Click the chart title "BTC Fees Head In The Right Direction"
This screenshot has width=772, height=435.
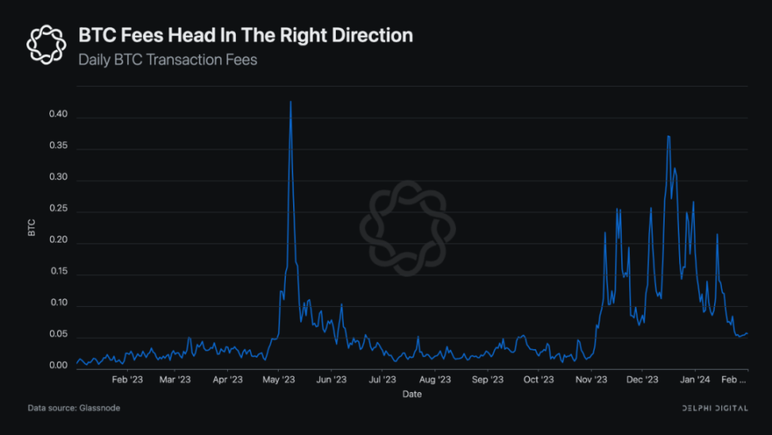(x=245, y=36)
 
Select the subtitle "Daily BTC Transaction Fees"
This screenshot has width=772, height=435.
(x=168, y=60)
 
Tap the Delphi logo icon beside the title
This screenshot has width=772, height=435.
(x=46, y=44)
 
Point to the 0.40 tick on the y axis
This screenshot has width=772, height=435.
(x=57, y=115)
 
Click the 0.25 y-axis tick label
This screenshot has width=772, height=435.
(x=57, y=210)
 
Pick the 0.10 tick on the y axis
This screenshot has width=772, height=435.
(x=57, y=304)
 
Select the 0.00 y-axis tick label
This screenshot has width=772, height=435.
(x=57, y=366)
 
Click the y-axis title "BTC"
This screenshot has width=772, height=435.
(x=32, y=228)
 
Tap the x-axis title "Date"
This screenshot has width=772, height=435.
(x=411, y=394)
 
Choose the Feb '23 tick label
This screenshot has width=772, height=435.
(x=126, y=379)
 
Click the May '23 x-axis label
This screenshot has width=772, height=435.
(x=279, y=379)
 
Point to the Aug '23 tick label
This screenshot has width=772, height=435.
(x=434, y=379)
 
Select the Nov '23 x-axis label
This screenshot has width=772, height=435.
(x=590, y=379)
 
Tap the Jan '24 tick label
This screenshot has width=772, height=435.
(x=695, y=379)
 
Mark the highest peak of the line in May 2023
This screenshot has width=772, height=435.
(x=291, y=102)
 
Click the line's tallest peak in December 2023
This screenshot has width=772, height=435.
(x=669, y=136)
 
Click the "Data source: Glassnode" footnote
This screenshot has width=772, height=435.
(x=74, y=408)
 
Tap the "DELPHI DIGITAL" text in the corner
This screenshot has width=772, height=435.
(x=714, y=408)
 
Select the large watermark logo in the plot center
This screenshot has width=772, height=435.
(x=407, y=228)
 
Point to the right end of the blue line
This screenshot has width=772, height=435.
(x=747, y=333)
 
